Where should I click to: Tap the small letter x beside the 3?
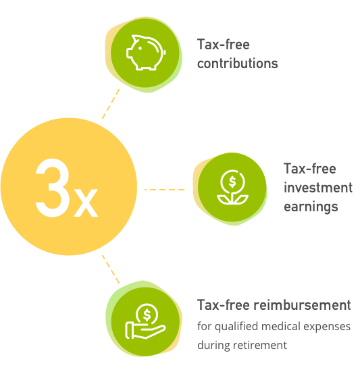point(86,203)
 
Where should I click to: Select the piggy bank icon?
point(146,53)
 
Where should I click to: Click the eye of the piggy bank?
point(140,48)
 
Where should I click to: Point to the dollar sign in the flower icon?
point(232,182)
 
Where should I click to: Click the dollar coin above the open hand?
point(147,315)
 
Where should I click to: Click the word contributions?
point(237,63)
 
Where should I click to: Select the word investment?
point(318,187)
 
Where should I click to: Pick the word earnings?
point(311,207)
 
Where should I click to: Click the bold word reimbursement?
point(302,305)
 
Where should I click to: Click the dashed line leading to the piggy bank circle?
point(111,104)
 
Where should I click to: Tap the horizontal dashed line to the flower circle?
point(164,190)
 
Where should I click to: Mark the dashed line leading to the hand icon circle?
point(111,269)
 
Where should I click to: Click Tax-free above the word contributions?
point(224,45)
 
